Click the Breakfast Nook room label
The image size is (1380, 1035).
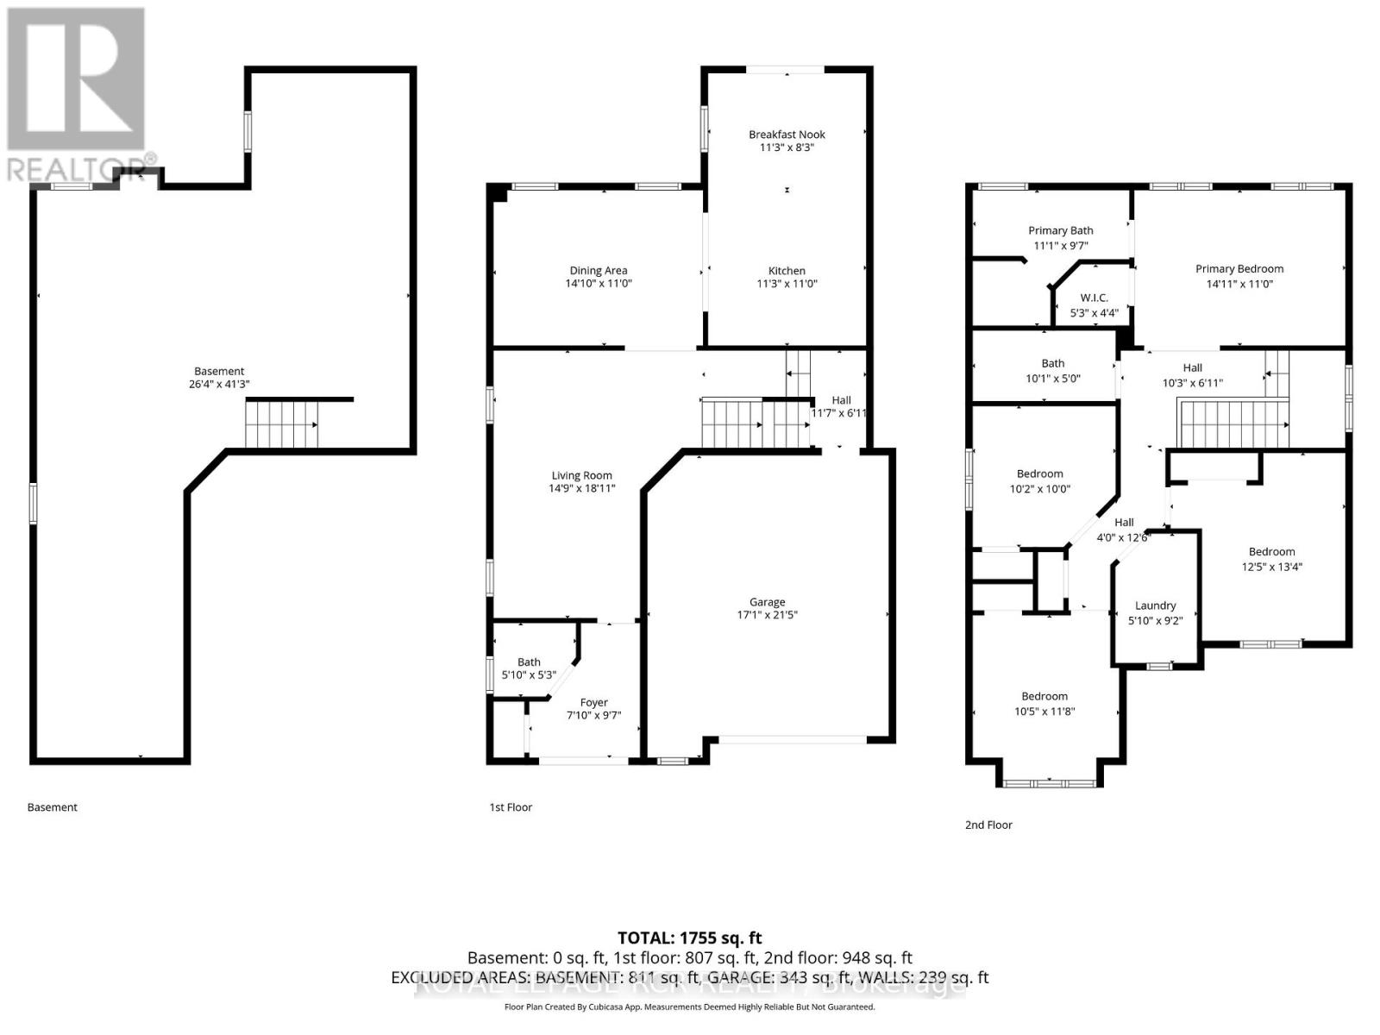pyautogui.click(x=787, y=135)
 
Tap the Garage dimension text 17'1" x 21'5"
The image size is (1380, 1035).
pyautogui.click(x=767, y=616)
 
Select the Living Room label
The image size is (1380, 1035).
pyautogui.click(x=581, y=475)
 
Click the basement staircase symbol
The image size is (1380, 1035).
pyautogui.click(x=282, y=425)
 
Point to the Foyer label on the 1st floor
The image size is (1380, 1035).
pyautogui.click(x=593, y=703)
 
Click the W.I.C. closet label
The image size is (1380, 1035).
pyautogui.click(x=1094, y=298)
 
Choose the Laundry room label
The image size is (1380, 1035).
pyautogui.click(x=1155, y=605)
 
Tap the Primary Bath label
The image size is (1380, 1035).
pyautogui.click(x=1060, y=230)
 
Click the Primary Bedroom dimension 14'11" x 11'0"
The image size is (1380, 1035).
pyautogui.click(x=1239, y=284)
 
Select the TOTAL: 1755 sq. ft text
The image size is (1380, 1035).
pyautogui.click(x=689, y=938)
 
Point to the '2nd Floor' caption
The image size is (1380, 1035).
pyautogui.click(x=988, y=825)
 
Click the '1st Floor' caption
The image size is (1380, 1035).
pyautogui.click(x=511, y=808)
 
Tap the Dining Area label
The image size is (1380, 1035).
pyautogui.click(x=599, y=271)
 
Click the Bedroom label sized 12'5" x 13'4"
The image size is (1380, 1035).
pyautogui.click(x=1271, y=552)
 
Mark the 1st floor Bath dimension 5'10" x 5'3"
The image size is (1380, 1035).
pyautogui.click(x=529, y=676)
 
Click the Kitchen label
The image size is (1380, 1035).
pyautogui.click(x=787, y=271)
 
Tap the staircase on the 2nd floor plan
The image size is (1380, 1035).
pyautogui.click(x=1233, y=424)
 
